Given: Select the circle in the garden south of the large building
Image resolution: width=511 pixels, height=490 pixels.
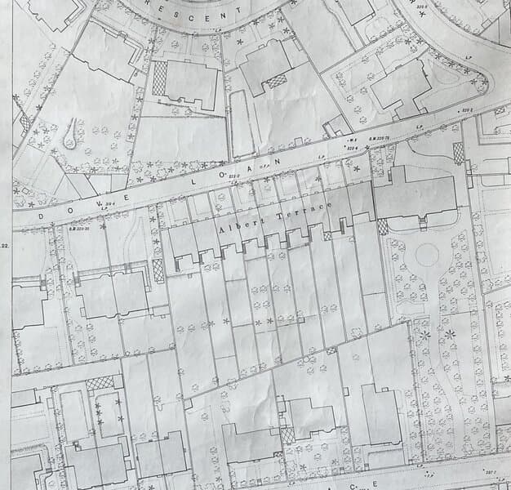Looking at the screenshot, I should pos(428,256).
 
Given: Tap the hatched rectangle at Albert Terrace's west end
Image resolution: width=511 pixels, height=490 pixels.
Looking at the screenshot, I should pos(158,270).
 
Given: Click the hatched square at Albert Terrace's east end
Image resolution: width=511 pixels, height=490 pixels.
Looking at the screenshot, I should pos(381,226).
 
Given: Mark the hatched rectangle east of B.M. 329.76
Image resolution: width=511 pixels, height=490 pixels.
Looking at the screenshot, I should pos(458,152).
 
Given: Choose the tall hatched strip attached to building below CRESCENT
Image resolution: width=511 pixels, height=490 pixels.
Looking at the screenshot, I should pos(160,79).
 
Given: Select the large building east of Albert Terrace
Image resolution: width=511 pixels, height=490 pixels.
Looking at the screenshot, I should pos(416,196).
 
